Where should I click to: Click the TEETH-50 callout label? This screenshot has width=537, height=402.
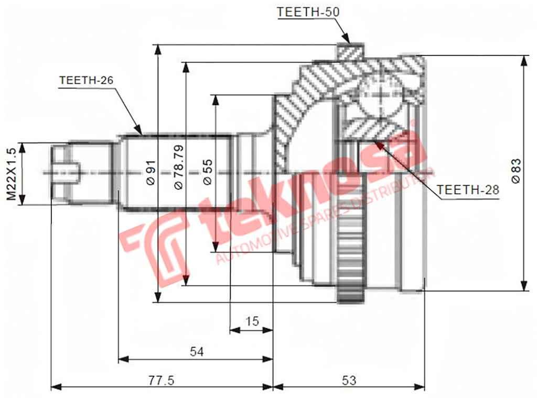click(308, 12)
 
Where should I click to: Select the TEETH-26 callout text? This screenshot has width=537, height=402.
click(87, 80)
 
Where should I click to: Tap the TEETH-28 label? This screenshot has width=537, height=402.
click(468, 190)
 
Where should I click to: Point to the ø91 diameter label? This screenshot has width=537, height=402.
click(149, 173)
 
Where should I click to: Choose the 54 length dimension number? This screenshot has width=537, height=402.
click(196, 352)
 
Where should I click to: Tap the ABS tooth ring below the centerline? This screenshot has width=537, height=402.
click(350, 251)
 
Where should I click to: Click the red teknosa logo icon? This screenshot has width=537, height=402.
click(157, 245)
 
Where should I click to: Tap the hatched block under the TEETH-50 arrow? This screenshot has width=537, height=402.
click(350, 52)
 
